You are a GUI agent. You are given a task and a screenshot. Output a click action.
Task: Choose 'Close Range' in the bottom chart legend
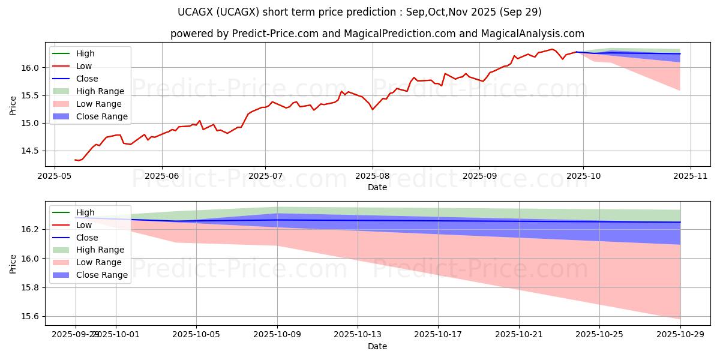102,275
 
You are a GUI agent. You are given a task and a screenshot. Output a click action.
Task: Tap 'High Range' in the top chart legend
100,91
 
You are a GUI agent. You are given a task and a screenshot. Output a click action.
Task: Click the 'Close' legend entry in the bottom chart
87,237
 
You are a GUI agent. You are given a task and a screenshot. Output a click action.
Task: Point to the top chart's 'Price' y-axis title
13,106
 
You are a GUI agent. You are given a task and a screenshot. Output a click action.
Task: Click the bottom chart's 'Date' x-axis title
377,346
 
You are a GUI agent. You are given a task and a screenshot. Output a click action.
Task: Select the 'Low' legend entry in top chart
84,66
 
